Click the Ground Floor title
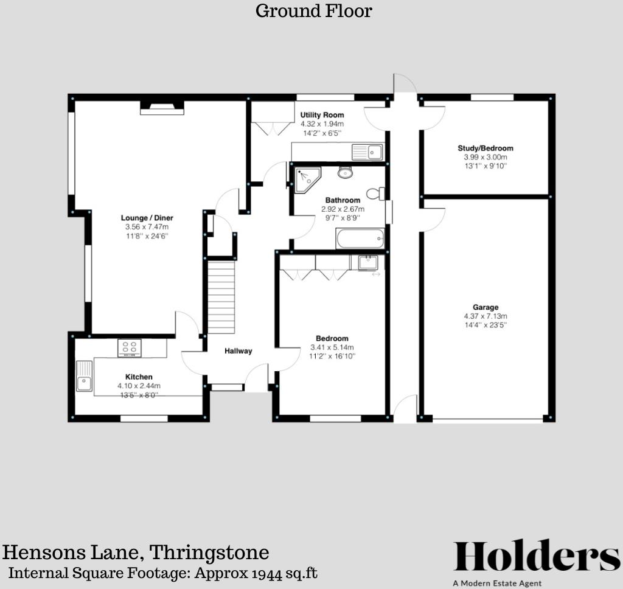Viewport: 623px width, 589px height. [313, 11]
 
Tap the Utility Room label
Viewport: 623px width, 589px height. [322, 115]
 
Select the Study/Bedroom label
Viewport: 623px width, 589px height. [486, 148]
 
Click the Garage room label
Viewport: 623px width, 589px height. [486, 307]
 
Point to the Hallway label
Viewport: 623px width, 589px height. [238, 351]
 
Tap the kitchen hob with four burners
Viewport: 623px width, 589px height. [130, 347]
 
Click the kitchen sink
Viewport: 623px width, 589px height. [84, 377]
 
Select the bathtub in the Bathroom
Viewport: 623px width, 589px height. [361, 239]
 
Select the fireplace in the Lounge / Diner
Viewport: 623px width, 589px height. [162, 108]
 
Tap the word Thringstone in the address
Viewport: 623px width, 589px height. [209, 552]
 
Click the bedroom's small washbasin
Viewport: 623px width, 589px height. [367, 263]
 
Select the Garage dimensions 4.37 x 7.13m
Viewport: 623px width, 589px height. [486, 316]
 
